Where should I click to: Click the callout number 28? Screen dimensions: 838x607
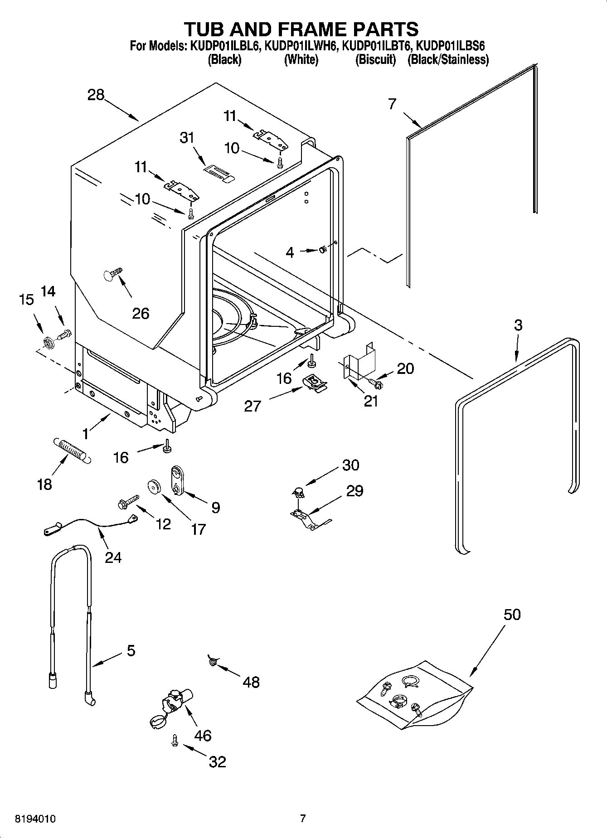tap(96, 95)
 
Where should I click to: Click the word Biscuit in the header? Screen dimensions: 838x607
tap(375, 59)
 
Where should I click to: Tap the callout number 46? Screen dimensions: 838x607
tap(203, 735)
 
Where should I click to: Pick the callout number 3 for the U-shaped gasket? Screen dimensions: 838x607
tap(518, 325)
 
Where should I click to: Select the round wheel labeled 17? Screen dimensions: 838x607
tap(155, 487)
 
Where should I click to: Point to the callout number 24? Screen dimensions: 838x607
tap(113, 557)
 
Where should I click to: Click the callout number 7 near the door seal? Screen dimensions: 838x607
tap(392, 104)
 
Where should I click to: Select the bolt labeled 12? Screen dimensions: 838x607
tap(128, 501)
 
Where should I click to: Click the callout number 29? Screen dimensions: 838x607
tap(354, 491)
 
